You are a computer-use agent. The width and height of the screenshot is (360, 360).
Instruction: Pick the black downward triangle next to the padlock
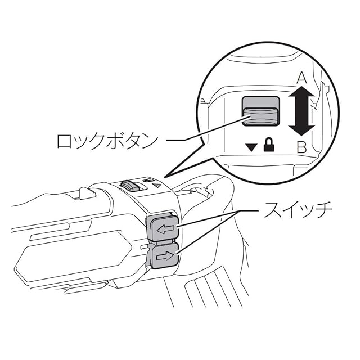(251, 148)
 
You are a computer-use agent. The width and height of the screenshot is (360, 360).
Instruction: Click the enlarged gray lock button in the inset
(260, 111)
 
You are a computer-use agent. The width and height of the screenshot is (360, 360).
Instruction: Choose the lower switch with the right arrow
(164, 256)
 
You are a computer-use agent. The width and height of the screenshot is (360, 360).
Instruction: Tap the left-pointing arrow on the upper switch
(165, 229)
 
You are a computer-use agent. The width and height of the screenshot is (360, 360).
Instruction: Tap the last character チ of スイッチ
(325, 211)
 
